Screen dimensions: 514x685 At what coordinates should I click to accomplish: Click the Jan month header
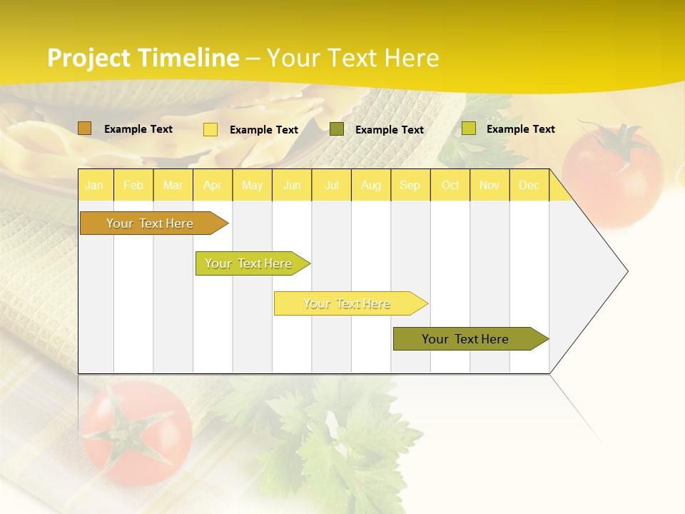94,185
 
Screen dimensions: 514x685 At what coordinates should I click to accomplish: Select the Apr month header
212,185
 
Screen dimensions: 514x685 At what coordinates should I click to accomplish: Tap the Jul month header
331,185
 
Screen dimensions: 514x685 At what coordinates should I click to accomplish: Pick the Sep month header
410,185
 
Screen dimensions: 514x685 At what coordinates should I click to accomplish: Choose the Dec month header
529,185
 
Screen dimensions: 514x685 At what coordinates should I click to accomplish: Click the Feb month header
133,185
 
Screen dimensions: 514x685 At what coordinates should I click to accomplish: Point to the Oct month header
450,185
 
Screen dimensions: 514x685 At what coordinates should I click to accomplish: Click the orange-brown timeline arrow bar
150,223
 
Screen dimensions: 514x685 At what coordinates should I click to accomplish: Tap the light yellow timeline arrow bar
347,303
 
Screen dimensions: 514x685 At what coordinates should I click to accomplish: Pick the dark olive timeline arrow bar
466,339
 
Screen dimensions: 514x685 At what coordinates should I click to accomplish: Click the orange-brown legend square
85,128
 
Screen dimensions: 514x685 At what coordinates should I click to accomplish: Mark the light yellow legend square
210,129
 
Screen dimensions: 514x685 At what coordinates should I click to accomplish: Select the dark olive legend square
337,129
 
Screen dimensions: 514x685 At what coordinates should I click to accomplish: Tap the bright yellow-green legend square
469,128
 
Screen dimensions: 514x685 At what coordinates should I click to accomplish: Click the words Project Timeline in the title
143,58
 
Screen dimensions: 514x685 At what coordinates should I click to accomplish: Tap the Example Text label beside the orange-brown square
138,129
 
